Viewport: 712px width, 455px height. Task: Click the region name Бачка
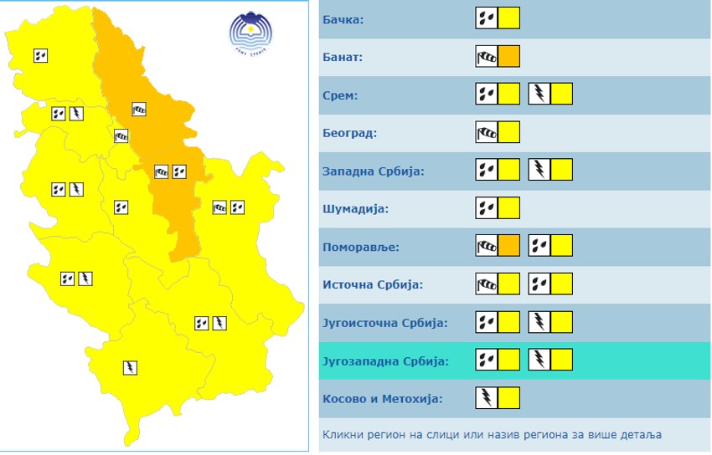(x=343, y=19)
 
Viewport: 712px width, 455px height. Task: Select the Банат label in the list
(x=343, y=58)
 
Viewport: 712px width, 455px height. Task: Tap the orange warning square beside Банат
(x=509, y=57)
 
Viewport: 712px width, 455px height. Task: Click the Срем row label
(x=340, y=95)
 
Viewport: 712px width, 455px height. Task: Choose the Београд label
(x=350, y=133)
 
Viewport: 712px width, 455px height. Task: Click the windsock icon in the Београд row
(x=487, y=132)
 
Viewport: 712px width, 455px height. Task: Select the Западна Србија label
(x=374, y=171)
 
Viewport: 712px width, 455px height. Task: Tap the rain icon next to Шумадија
(x=487, y=207)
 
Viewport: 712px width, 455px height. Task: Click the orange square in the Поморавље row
(x=509, y=245)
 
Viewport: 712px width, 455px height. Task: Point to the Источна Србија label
(x=373, y=284)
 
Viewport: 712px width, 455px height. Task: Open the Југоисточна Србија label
(x=384, y=323)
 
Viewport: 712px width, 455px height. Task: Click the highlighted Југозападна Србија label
(x=384, y=361)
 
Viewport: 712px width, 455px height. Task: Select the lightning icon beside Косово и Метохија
(x=487, y=397)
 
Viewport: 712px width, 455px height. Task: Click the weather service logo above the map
(x=250, y=33)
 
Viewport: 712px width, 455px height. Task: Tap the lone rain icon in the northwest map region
(x=40, y=56)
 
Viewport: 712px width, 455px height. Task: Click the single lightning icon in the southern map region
(x=130, y=367)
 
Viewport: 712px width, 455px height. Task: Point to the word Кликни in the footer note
(x=341, y=434)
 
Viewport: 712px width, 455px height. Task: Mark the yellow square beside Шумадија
(x=509, y=207)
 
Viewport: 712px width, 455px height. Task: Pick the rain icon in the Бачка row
(x=487, y=18)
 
